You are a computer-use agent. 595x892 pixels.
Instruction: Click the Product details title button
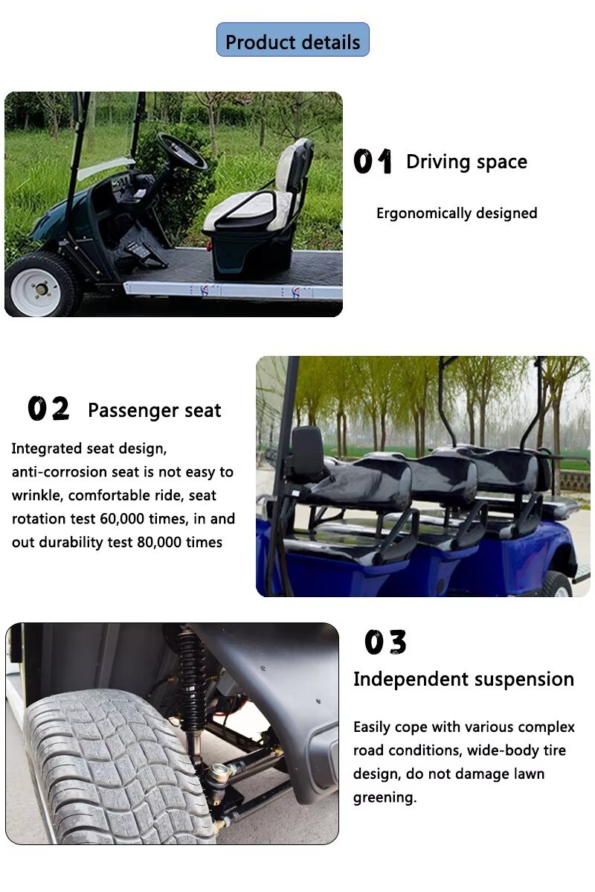(x=293, y=39)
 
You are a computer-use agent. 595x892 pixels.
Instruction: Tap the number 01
(x=373, y=161)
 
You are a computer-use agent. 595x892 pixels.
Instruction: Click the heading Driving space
(x=466, y=162)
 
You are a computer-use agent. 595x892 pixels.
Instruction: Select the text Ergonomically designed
(x=457, y=214)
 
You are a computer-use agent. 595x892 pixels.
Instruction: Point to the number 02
(x=48, y=409)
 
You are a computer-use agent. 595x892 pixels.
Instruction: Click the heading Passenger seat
(x=155, y=410)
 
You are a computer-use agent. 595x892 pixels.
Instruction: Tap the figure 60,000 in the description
(x=119, y=519)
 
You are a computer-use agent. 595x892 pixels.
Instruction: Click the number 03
(x=385, y=643)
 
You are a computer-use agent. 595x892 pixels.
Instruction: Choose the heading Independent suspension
(x=463, y=679)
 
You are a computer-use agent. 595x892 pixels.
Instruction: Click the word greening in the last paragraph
(x=385, y=797)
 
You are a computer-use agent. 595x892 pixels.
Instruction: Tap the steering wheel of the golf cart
(x=181, y=151)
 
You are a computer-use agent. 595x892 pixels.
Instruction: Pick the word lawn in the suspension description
(x=529, y=774)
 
